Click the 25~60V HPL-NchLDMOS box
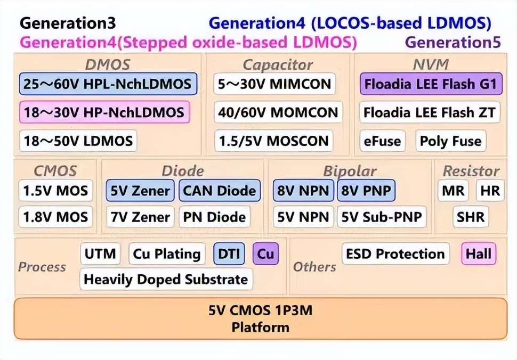click(108, 84)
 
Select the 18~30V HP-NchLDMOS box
click(104, 112)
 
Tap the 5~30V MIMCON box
click(274, 84)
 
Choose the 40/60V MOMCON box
click(278, 112)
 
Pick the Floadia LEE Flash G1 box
click(431, 84)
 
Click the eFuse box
click(382, 141)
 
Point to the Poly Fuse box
click(451, 141)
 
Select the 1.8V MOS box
click(55, 217)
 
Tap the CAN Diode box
click(220, 191)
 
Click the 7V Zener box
click(140, 217)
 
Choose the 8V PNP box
click(366, 191)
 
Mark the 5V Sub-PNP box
click(382, 217)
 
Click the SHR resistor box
click(471, 217)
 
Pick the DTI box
click(229, 253)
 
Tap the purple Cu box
click(266, 253)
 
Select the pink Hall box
click(479, 253)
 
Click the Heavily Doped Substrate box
click(166, 279)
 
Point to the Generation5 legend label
click(453, 42)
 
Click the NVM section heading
click(431, 64)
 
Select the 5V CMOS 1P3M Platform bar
click(261, 318)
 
